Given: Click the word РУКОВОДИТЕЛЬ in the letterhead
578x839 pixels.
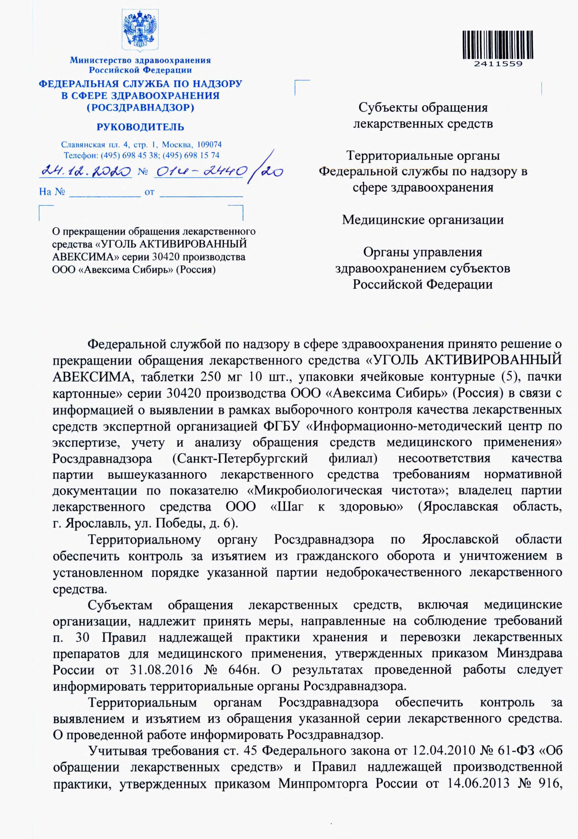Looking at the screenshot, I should coord(140,127).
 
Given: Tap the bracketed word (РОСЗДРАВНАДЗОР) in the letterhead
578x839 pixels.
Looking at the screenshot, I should coord(140,108).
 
